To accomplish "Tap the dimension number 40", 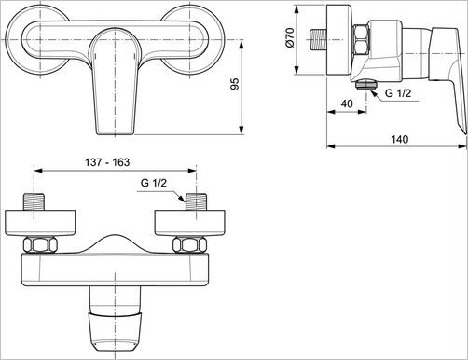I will [x=346, y=102].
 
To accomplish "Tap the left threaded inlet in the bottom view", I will [x=38, y=203].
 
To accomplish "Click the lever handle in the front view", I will [x=116, y=79].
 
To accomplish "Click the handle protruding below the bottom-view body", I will [x=116, y=317].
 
